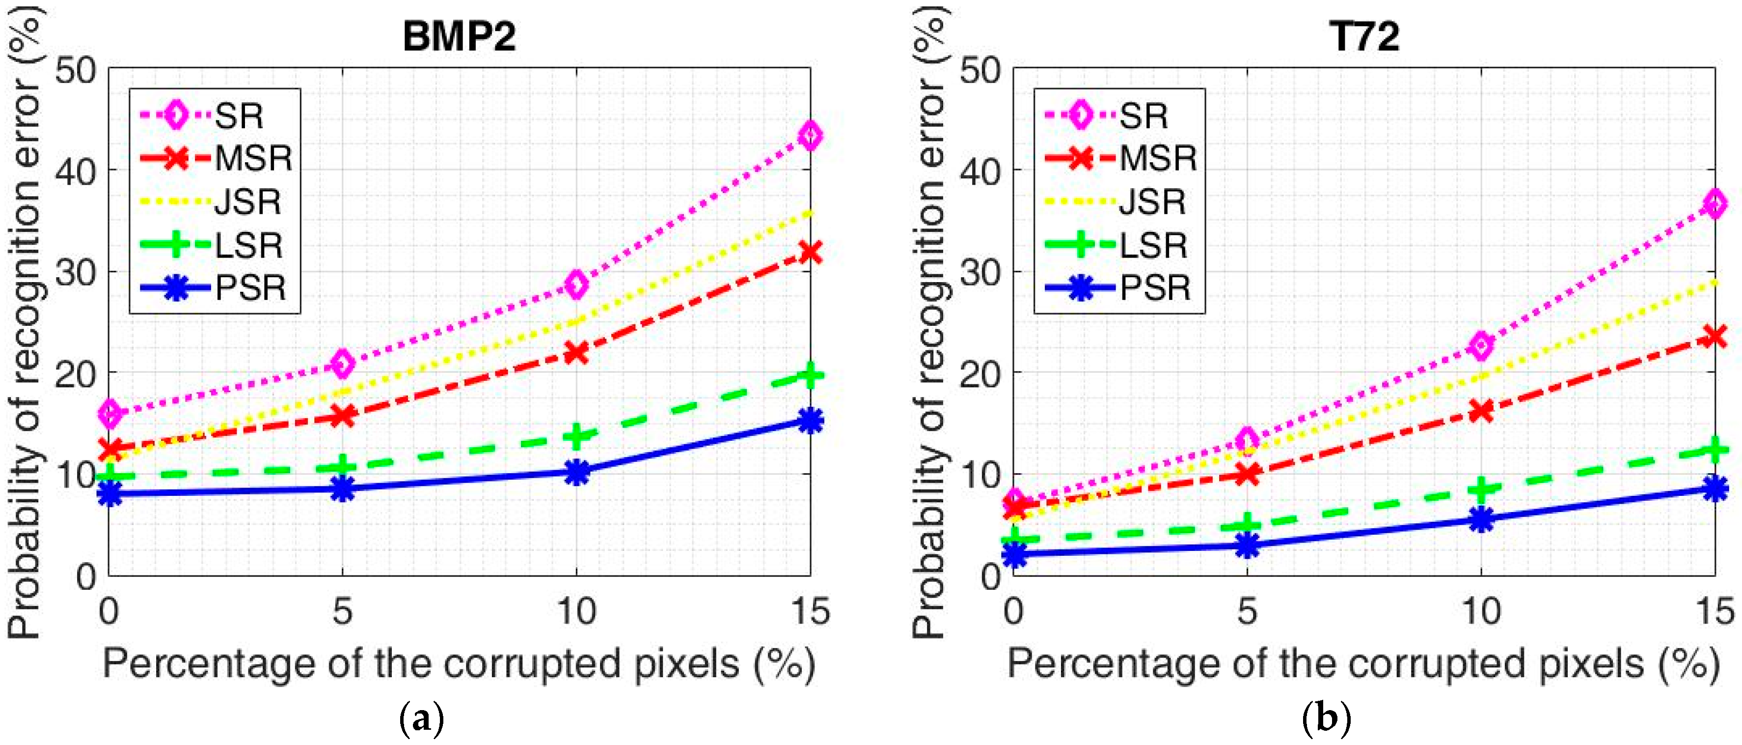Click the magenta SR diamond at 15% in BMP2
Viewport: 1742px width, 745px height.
tap(810, 136)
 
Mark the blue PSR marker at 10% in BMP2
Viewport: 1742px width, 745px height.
tap(576, 472)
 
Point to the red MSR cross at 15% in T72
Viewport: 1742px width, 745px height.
tap(1715, 336)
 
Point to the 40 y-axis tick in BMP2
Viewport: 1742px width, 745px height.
tap(75, 171)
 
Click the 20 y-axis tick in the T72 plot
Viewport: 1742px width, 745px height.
tap(979, 373)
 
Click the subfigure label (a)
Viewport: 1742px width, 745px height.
tap(422, 718)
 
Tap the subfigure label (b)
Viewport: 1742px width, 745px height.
tap(1326, 718)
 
